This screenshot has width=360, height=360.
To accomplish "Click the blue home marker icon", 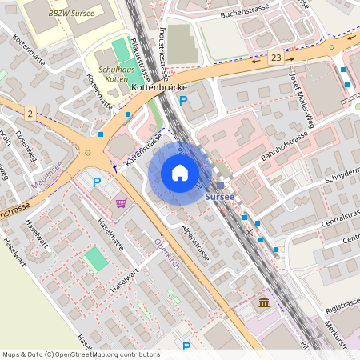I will click(x=180, y=173).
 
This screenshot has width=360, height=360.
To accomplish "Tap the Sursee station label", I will click(x=220, y=196).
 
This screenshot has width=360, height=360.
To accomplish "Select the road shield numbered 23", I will click(x=276, y=58).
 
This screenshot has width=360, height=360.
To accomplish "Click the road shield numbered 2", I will click(x=30, y=115).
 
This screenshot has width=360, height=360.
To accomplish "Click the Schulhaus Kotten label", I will click(x=111, y=74).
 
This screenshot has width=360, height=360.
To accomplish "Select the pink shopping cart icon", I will click(x=121, y=202).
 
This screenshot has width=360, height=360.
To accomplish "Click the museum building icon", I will click(x=264, y=302).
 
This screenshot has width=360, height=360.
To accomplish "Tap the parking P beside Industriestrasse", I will click(x=183, y=101).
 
